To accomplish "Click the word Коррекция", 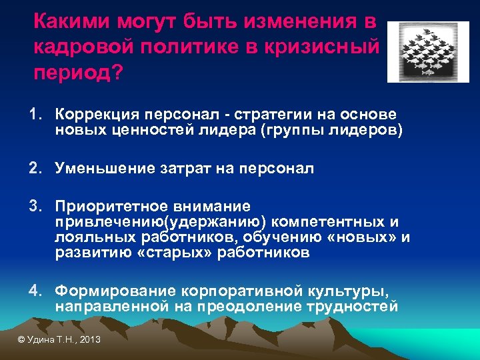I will pyautogui.click(x=94, y=115).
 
